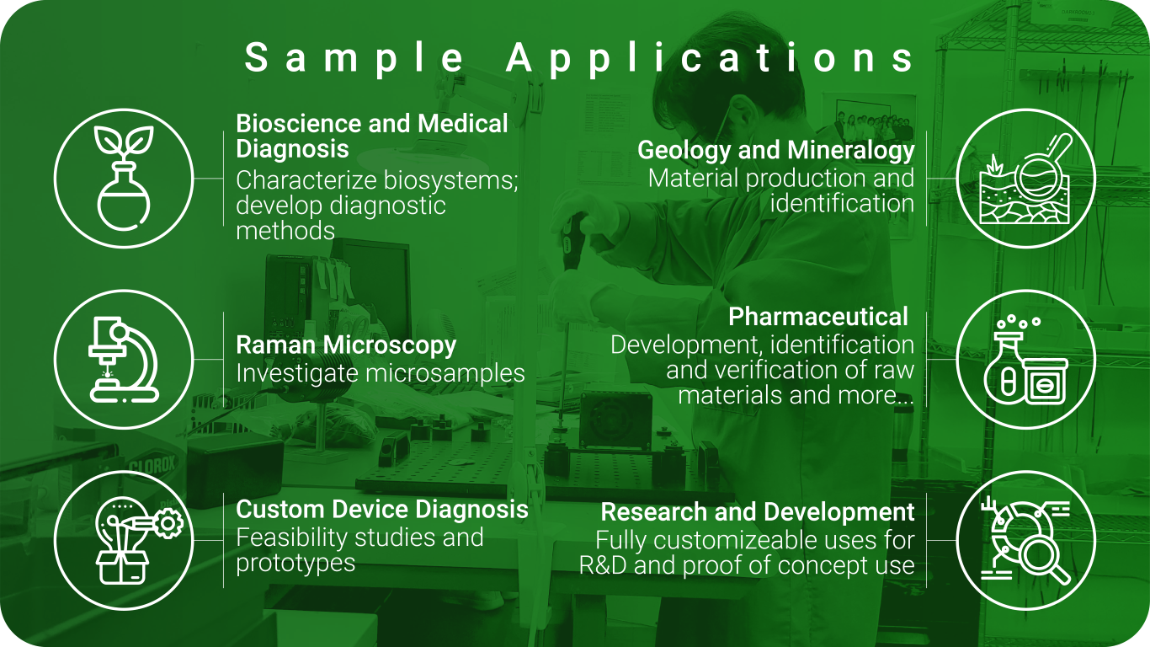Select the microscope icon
point(124,359)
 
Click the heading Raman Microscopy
point(346,345)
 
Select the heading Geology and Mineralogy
point(775,150)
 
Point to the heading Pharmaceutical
point(818,317)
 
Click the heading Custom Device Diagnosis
point(382,510)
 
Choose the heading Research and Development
point(758,512)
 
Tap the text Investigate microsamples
point(381,373)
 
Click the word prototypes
point(295,564)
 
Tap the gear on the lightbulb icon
point(168,524)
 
